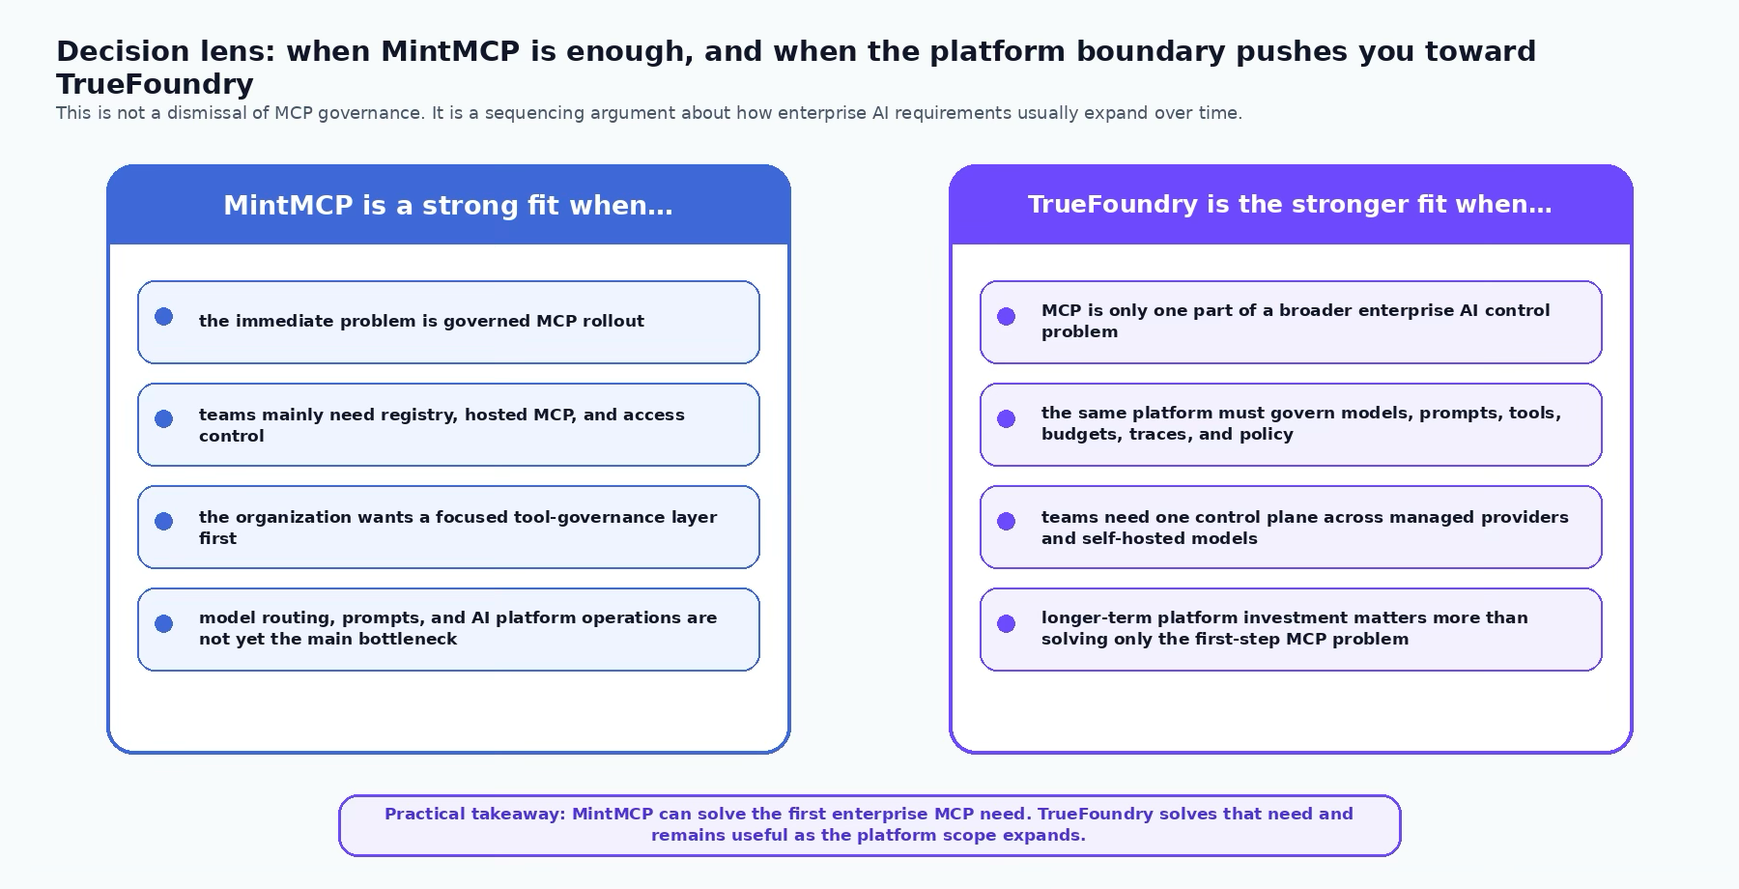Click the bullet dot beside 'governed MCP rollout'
point(164,316)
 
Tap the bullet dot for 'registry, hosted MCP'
point(164,418)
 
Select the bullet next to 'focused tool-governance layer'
point(164,521)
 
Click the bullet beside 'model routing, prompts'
point(164,623)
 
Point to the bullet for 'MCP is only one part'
point(1007,316)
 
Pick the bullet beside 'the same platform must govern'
point(1007,418)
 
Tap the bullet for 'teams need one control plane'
point(1007,521)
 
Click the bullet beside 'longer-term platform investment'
point(1007,623)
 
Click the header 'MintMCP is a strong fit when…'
point(448,206)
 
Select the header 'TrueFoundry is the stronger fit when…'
point(1290,205)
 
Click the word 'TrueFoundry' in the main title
point(155,84)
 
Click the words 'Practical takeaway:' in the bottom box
point(474,815)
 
